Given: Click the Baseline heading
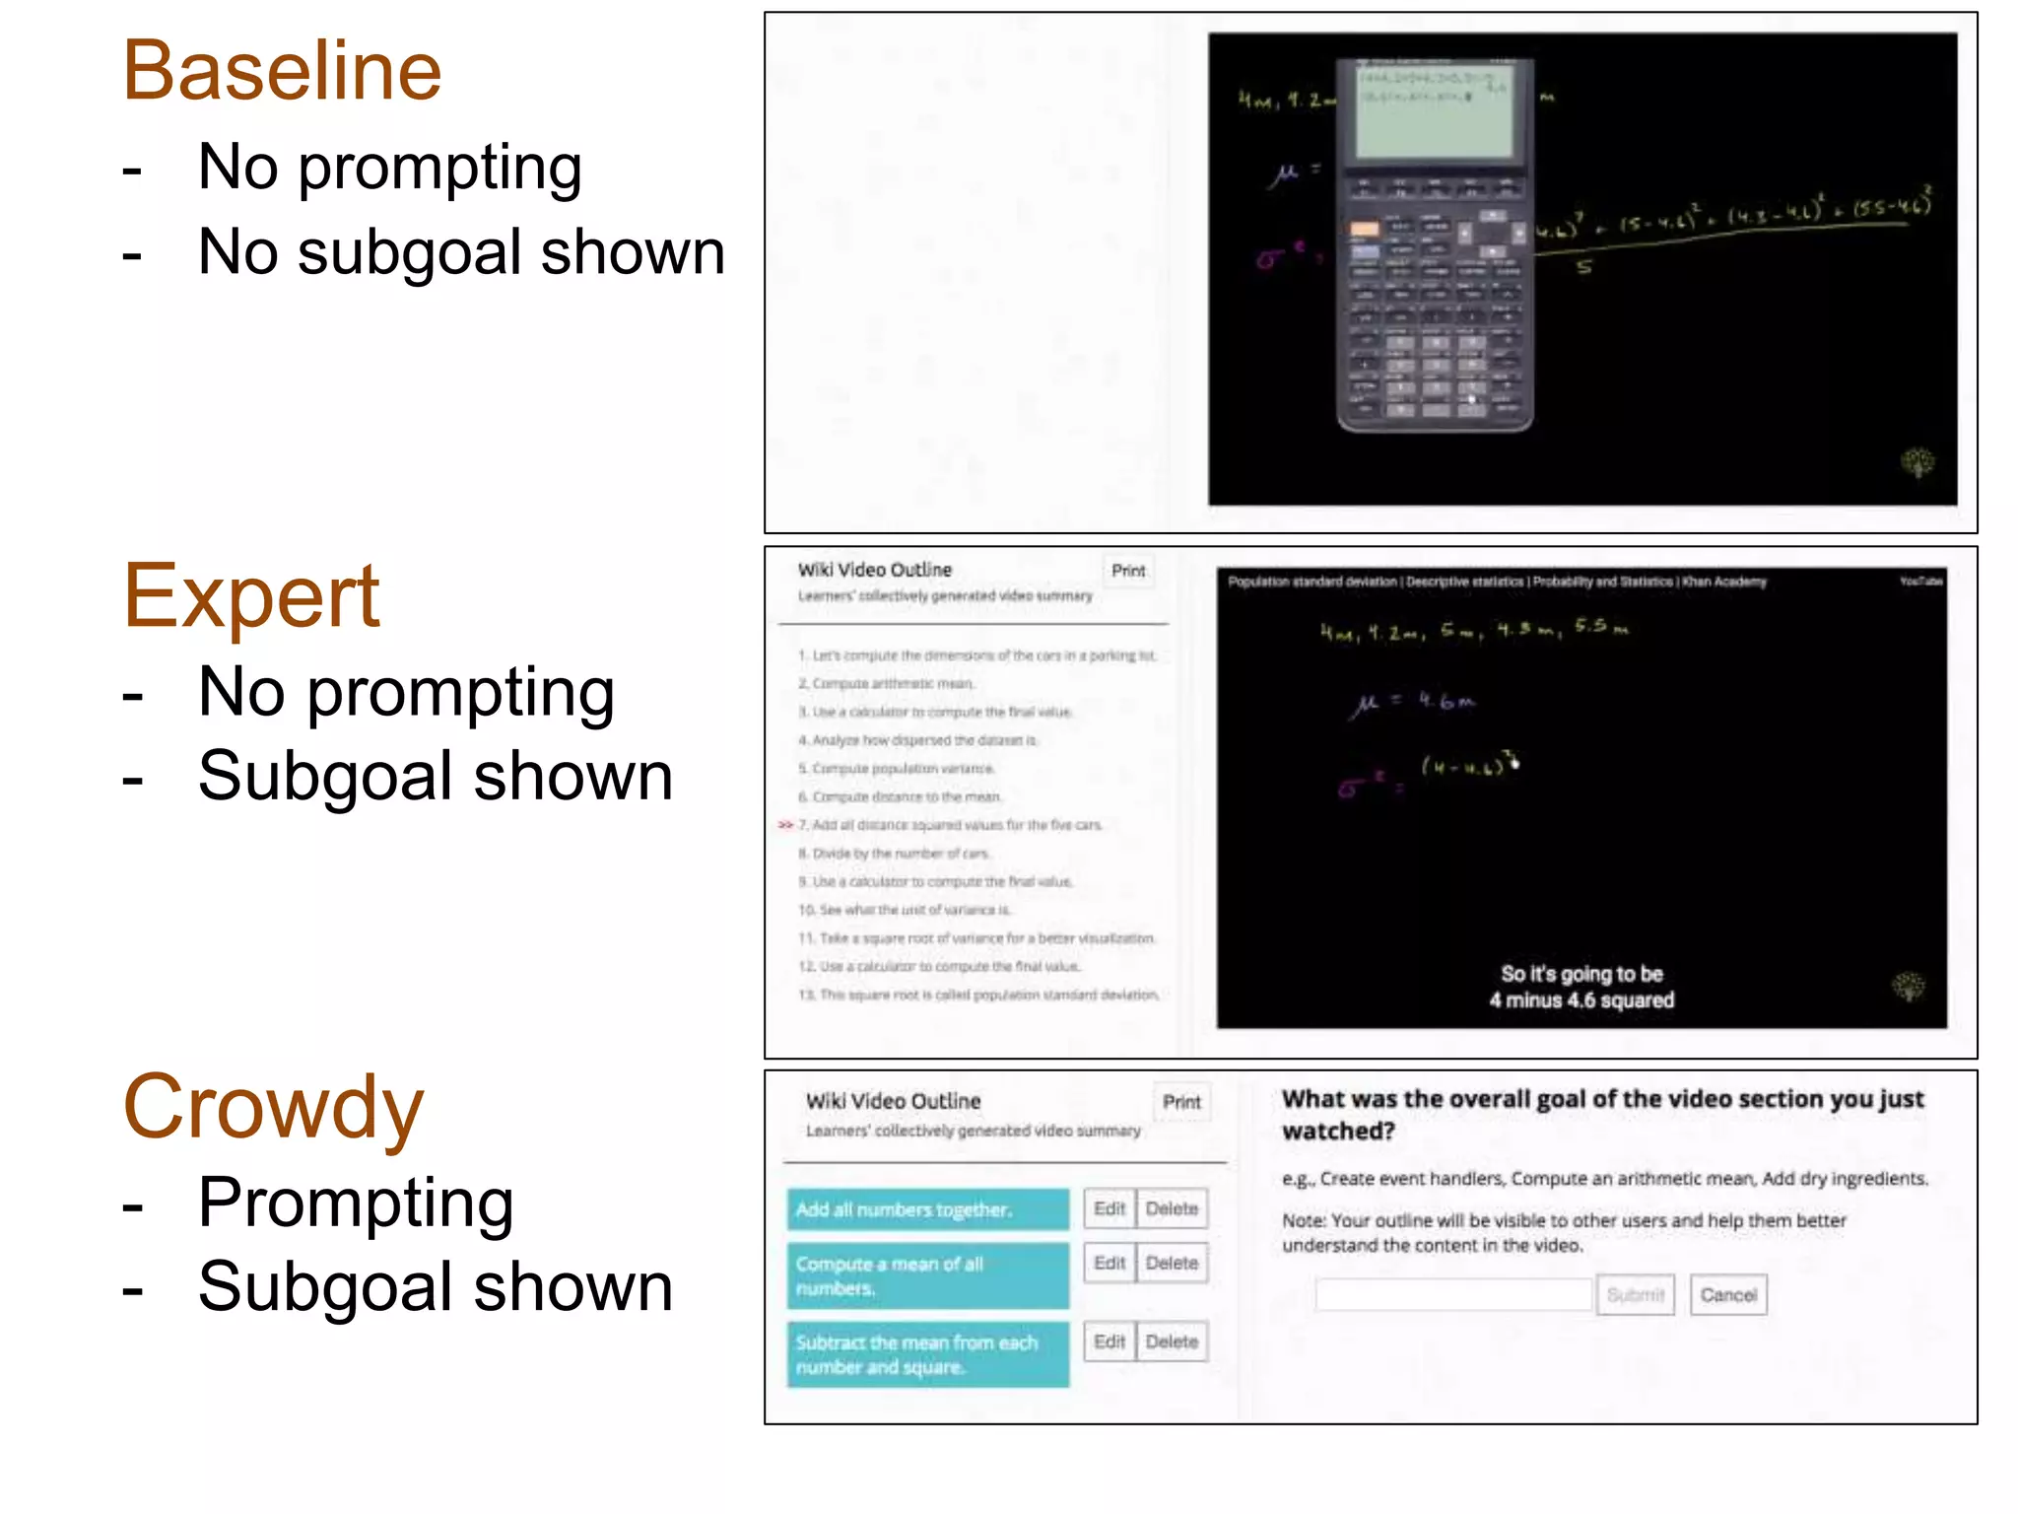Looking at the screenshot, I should coord(282,71).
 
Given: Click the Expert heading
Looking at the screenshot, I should coord(251,596).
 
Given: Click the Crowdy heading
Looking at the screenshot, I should coord(273,1107).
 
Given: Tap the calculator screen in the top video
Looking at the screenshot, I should coord(1434,110).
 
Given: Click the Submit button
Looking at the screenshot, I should coord(1635,1294).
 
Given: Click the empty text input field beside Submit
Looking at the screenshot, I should coord(1452,1294).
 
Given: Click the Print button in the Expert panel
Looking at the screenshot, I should coord(1127,571).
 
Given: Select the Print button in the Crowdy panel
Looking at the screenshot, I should coord(1180,1102).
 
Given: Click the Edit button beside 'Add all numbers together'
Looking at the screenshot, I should coord(1109,1208).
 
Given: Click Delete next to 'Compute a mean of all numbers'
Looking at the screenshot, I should coord(1172,1263).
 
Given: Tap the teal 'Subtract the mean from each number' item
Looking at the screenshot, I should coord(926,1354).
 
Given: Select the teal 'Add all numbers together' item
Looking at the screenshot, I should coord(926,1209).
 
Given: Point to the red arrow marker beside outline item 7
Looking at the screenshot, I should coord(785,825).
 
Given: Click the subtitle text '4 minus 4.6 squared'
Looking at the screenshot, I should coord(1581,1000).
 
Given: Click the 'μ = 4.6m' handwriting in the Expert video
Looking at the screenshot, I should coord(1414,703).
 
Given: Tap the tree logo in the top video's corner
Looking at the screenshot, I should coord(1917,462).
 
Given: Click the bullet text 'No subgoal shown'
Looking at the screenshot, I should coord(460,252).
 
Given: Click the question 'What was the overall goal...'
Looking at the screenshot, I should coord(1601,1114).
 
